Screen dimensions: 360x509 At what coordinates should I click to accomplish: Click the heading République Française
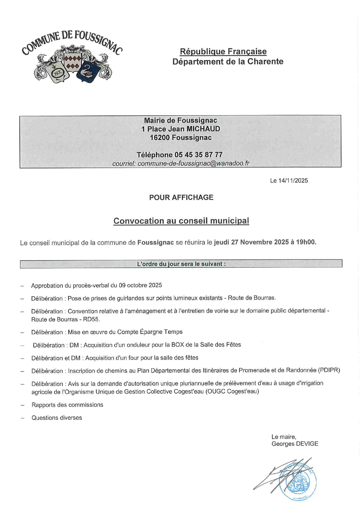[x=223, y=52]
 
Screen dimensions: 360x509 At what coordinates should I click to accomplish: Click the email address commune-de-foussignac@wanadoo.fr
[x=193, y=163]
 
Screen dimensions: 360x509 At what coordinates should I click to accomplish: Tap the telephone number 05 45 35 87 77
[x=198, y=155]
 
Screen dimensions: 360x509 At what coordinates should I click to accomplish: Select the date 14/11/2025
[x=293, y=181]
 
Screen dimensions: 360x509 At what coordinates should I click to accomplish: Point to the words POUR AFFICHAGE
[x=181, y=197]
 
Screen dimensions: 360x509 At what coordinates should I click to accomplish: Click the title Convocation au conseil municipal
[x=181, y=221]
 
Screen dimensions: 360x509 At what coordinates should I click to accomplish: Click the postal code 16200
[x=160, y=138]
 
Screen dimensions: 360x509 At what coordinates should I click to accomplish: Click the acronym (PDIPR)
[x=329, y=370]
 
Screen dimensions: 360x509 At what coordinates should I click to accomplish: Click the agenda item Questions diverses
[x=57, y=418]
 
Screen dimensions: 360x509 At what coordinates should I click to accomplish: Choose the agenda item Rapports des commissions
[x=67, y=405]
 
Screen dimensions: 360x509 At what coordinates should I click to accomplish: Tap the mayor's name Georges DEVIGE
[x=295, y=444]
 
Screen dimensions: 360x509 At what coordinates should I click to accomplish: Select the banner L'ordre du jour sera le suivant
[x=181, y=264]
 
